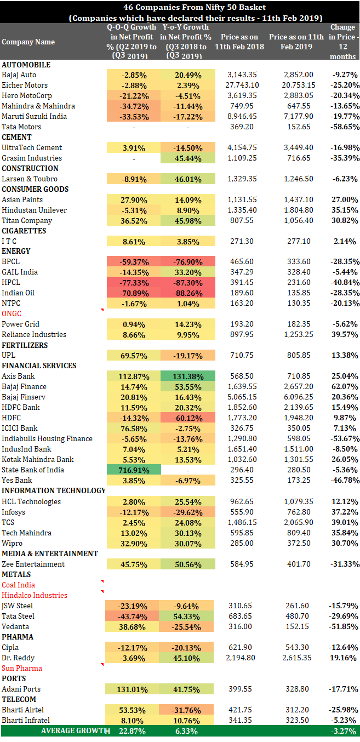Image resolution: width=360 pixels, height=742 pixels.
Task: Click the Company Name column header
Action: pyautogui.click(x=28, y=42)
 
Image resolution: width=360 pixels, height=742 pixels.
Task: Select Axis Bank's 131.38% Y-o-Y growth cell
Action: pyautogui.click(x=188, y=376)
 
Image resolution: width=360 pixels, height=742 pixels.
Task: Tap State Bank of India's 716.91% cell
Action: pyautogui.click(x=134, y=470)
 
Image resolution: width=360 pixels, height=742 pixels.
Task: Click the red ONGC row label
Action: pyautogui.click(x=12, y=313)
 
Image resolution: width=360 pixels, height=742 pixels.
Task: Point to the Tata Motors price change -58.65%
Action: pyautogui.click(x=345, y=127)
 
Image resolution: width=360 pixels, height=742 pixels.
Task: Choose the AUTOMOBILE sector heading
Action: pyautogui.click(x=26, y=65)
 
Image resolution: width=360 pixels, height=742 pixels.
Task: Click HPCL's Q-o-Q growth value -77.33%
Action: pyautogui.click(x=134, y=283)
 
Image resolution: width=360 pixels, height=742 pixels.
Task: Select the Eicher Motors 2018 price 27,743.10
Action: pyautogui.click(x=242, y=85)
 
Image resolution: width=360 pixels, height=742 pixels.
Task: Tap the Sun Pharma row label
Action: pyautogui.click(x=22, y=668)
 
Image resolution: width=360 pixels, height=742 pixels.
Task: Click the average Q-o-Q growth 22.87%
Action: pyautogui.click(x=133, y=731)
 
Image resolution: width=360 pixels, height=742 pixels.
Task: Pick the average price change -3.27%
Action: pyautogui.click(x=345, y=731)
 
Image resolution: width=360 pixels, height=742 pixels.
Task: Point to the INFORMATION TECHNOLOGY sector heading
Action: pyautogui.click(x=53, y=490)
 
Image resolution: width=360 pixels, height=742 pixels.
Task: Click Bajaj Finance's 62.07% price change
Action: pyautogui.click(x=345, y=386)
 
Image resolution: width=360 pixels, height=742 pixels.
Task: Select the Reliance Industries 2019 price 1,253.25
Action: pyautogui.click(x=299, y=335)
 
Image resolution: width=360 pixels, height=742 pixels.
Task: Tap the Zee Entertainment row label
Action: pyautogui.click(x=33, y=564)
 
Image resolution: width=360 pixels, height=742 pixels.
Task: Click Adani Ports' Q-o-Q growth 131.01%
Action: pyautogui.click(x=132, y=689)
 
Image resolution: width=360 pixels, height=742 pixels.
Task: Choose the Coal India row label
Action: pyautogui.click(x=18, y=585)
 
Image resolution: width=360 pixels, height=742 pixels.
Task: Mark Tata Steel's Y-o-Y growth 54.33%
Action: pyautogui.click(x=186, y=617)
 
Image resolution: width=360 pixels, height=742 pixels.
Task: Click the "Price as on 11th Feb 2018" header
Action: pyautogui.click(x=239, y=42)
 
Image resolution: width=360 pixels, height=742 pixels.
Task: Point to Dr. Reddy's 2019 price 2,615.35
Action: pyautogui.click(x=297, y=658)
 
